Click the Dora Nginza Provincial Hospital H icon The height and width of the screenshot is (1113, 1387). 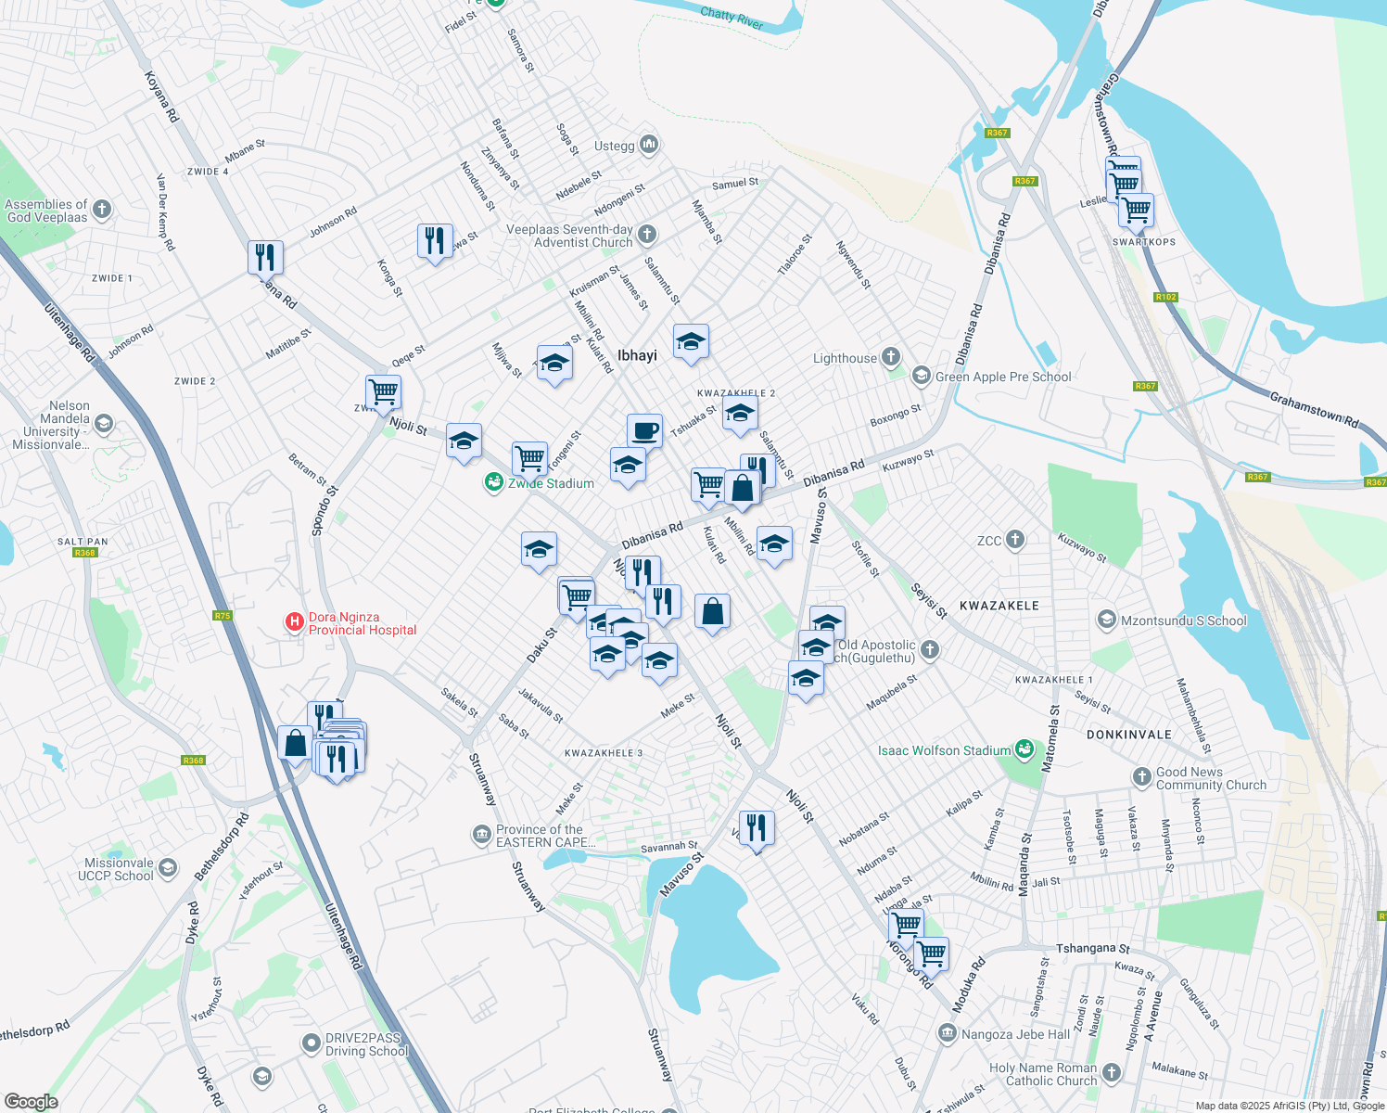coord(295,621)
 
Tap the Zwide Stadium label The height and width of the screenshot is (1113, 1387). coord(551,483)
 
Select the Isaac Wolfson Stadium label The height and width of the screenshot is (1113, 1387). coord(944,750)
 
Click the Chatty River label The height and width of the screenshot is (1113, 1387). coord(732,18)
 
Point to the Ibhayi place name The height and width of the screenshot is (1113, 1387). coord(637,355)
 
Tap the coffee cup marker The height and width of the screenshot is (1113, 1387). coord(645,431)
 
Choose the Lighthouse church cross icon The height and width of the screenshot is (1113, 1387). coord(890,356)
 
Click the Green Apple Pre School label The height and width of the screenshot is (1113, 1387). coord(1003,377)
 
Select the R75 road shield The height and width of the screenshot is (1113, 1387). coord(222,616)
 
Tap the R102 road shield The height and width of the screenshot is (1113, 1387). coord(1165,298)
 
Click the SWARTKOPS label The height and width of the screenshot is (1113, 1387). coord(1144,242)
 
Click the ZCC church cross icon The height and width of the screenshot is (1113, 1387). coord(1015,539)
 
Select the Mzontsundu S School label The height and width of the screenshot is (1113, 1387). coord(1184,620)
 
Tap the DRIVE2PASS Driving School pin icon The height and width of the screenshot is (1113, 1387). coord(312,1043)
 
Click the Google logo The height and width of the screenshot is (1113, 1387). coord(31,1101)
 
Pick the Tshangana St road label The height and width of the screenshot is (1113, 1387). coord(1093,949)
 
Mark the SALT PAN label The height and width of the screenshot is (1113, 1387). coord(83,542)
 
